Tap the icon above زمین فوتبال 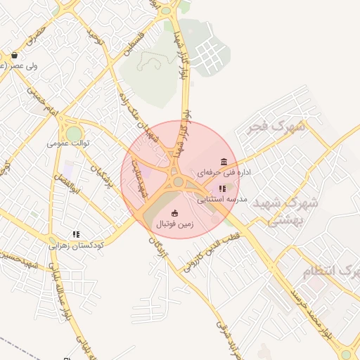click(174, 213)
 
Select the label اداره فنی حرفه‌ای click(224, 172)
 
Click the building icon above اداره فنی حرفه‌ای click(224, 162)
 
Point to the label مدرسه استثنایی click(221, 199)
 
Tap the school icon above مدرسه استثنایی click(222, 188)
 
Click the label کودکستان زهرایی click(76, 245)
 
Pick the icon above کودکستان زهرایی click(75, 235)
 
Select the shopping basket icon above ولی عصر click(14, 55)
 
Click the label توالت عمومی click(70, 143)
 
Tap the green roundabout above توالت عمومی click(74, 133)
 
